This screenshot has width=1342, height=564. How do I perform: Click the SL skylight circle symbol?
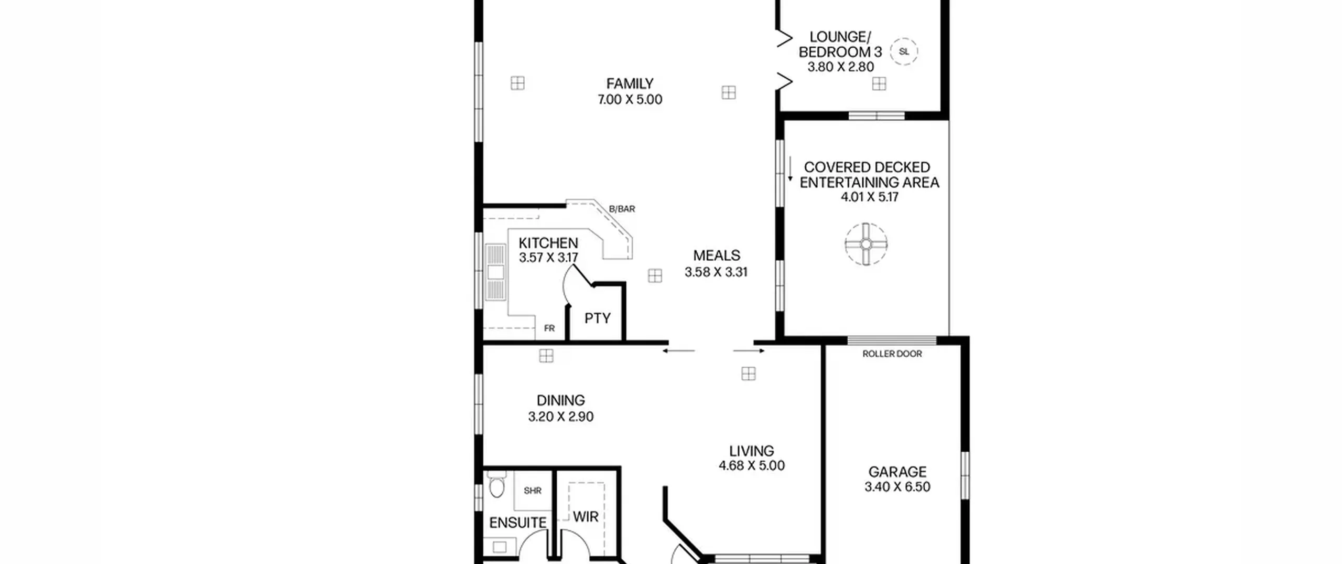(x=904, y=51)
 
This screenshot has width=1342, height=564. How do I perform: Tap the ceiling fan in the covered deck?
(x=866, y=244)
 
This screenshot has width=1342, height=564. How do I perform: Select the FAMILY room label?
(x=630, y=83)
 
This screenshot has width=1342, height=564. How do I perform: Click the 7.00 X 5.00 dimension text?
(x=630, y=99)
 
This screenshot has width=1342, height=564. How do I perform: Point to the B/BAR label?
(x=622, y=209)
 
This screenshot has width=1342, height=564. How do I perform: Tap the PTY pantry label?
(x=598, y=318)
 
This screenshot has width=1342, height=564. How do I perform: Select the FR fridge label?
(x=549, y=328)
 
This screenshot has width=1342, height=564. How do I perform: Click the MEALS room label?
(x=717, y=256)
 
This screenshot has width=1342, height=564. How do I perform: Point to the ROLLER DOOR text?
(x=892, y=354)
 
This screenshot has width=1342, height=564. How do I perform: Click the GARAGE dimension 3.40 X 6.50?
(x=897, y=487)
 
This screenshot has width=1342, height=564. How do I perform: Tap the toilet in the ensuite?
(x=496, y=484)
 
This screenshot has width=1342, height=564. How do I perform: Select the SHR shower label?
(x=532, y=491)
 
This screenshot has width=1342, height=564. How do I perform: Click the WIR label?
(x=586, y=517)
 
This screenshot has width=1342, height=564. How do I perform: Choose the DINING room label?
(x=560, y=400)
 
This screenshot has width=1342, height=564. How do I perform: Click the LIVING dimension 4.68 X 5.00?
(x=752, y=465)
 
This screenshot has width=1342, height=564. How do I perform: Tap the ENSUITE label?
(x=518, y=523)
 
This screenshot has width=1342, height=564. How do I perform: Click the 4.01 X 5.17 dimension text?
(x=870, y=197)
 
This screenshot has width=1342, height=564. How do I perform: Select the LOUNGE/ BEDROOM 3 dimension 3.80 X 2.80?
(x=840, y=67)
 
